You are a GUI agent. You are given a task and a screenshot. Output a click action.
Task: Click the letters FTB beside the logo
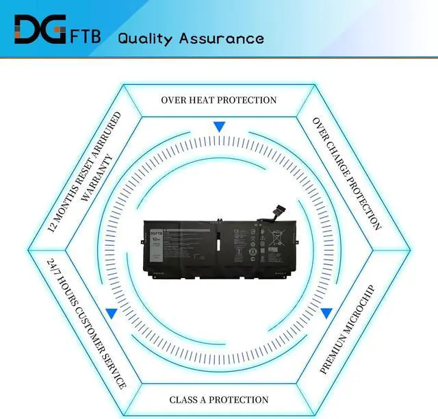[86, 35]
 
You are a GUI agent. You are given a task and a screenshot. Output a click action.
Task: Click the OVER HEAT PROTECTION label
[219, 100]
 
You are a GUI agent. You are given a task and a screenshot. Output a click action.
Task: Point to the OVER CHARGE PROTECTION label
[346, 173]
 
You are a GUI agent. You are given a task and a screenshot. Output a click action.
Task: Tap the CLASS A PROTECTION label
[219, 400]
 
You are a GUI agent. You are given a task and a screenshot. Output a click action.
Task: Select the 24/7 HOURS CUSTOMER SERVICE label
[87, 322]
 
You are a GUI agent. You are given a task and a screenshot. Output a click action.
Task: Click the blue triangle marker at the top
[219, 127]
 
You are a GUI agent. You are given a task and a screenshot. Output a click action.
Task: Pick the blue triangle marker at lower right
[326, 314]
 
